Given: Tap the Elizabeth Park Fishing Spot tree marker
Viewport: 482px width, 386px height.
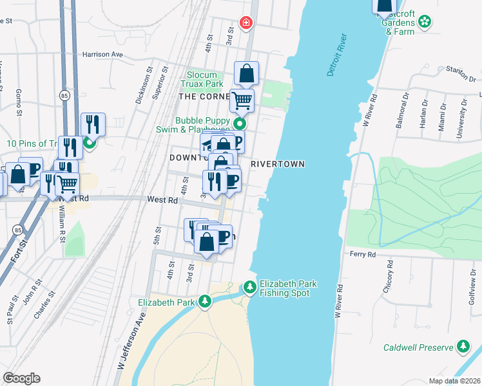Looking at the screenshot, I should (250, 286).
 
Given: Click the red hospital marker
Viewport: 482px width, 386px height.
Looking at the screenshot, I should (246, 24).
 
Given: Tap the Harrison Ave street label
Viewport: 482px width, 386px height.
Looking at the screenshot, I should (102, 55).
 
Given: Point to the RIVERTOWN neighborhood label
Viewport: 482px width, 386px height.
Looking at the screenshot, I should (277, 164).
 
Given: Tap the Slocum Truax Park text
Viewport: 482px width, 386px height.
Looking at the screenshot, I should (206, 80).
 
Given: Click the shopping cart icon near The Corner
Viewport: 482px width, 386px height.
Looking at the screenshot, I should (242, 100).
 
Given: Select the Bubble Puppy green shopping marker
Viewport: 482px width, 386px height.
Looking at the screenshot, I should (240, 124).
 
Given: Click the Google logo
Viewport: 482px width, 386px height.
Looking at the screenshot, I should (21, 378).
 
